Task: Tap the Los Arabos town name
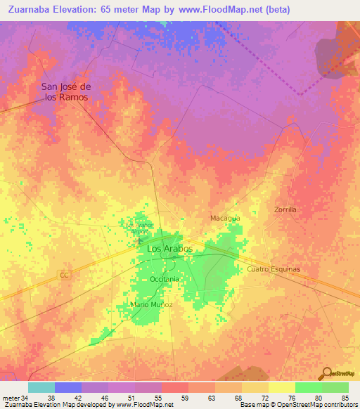[169, 248]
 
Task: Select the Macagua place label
[225, 218]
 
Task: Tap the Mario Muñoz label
[151, 304]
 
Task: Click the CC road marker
[64, 275]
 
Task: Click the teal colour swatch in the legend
[41, 387]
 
